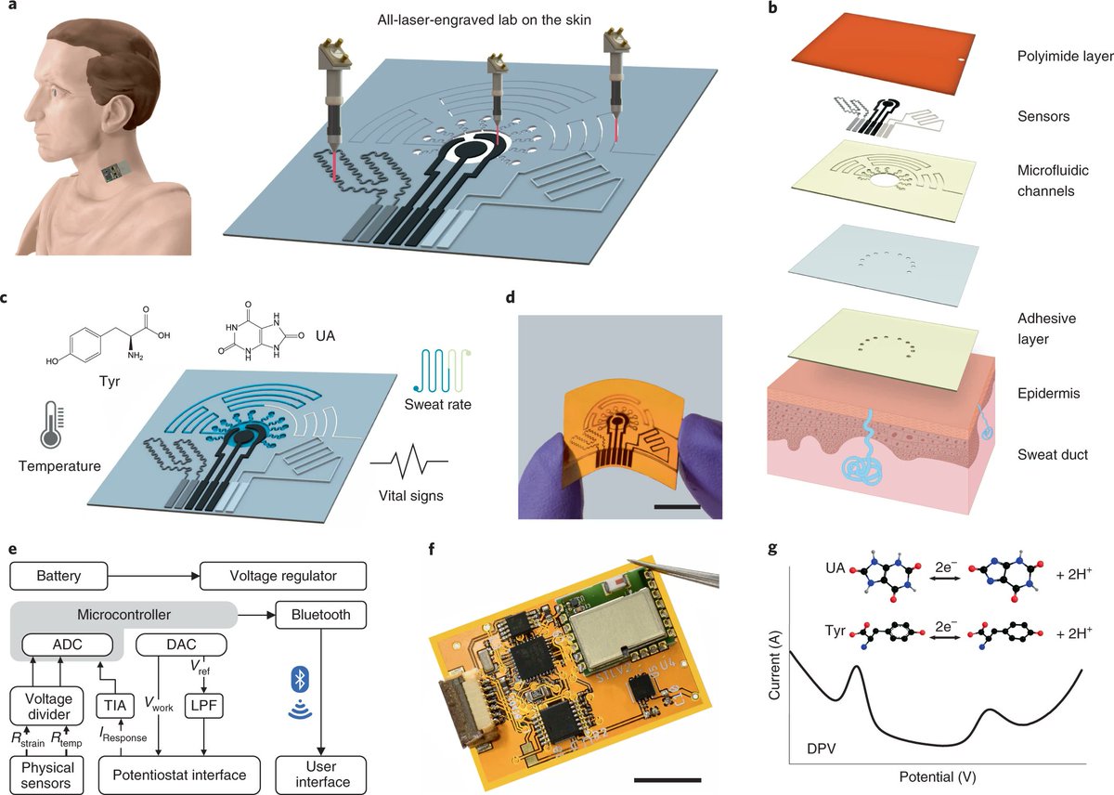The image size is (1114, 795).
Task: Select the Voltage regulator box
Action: pyautogui.click(x=270, y=576)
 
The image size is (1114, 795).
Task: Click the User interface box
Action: pyautogui.click(x=322, y=774)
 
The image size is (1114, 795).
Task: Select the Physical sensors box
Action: pyautogui.click(x=46, y=774)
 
